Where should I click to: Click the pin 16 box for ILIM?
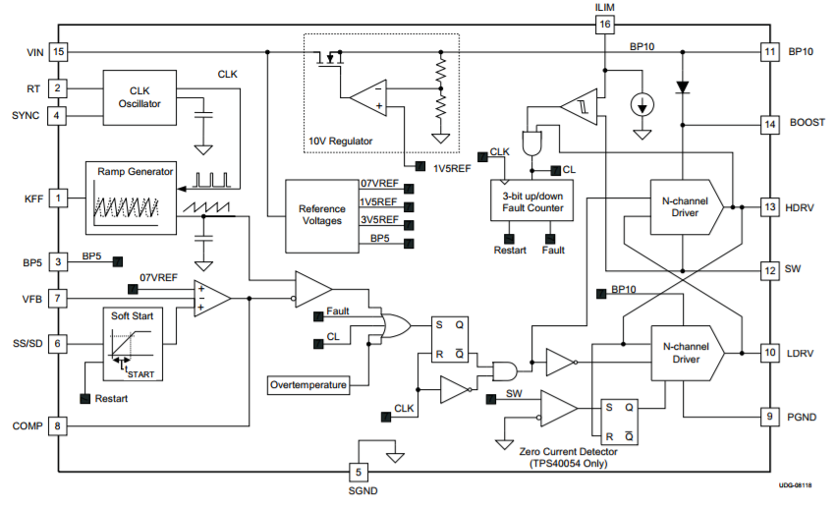tap(604, 24)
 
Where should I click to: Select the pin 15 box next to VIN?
tap(59, 50)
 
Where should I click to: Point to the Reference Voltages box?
tap(320, 214)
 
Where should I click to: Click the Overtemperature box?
tap(308, 385)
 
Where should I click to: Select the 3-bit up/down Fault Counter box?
tap(532, 201)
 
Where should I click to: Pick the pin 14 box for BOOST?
tap(769, 124)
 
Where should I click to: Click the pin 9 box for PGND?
tap(769, 416)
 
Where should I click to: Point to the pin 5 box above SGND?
tap(358, 472)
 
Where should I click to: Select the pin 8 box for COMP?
tap(59, 425)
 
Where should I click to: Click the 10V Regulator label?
tap(341, 141)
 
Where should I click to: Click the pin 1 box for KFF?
tap(59, 198)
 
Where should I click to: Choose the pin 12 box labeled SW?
tap(769, 268)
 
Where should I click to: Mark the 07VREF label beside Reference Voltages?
tap(379, 184)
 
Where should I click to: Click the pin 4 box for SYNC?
tap(59, 116)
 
